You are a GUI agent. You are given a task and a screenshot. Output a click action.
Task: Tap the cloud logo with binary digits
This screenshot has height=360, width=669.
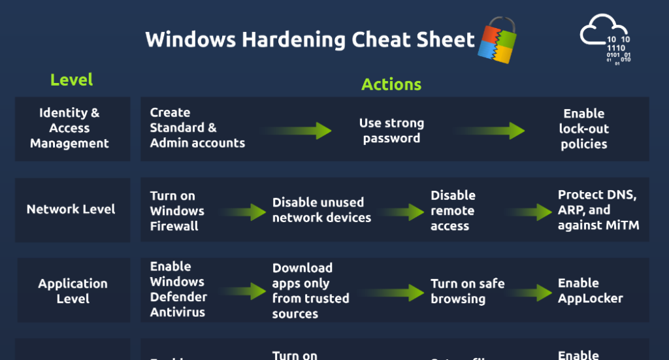point(605,42)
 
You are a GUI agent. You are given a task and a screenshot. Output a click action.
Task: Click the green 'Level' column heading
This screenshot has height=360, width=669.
point(72,80)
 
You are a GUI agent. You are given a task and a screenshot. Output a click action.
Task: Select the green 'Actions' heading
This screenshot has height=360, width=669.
point(391,84)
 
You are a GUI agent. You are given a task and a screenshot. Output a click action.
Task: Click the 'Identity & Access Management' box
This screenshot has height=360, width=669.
point(73,129)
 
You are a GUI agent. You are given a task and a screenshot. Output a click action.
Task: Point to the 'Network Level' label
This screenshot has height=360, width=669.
point(71,209)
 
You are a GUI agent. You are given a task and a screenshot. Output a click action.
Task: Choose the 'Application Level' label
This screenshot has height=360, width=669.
point(73,291)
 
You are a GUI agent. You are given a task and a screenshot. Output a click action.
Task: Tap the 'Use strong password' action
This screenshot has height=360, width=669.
point(391,131)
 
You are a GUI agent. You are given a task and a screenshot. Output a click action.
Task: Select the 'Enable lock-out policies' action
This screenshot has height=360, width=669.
point(583,129)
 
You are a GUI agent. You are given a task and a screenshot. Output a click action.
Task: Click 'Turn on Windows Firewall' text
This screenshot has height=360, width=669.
point(177,211)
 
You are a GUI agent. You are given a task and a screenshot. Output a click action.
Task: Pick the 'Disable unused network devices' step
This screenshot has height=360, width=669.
point(321,210)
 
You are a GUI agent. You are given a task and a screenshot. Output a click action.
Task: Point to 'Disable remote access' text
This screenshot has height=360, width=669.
point(453,210)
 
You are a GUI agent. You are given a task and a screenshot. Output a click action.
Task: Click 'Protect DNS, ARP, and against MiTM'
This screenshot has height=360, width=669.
point(598,210)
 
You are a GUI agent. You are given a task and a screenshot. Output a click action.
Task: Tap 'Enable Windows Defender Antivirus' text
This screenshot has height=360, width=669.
point(178,289)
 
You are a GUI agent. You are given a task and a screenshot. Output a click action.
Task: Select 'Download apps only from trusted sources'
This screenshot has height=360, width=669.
point(310,291)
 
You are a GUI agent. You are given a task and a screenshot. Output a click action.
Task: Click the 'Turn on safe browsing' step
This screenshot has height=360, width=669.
point(467,291)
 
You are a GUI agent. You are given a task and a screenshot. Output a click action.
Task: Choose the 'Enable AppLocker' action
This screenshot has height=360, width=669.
point(590,291)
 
